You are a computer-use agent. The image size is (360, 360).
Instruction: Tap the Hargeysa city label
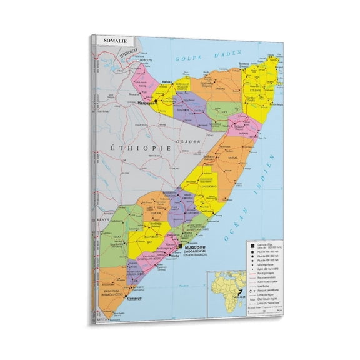tap(144, 102)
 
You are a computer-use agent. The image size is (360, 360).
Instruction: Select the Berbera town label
tap(166, 82)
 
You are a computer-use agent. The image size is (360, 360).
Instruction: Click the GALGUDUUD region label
tap(208, 186)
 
